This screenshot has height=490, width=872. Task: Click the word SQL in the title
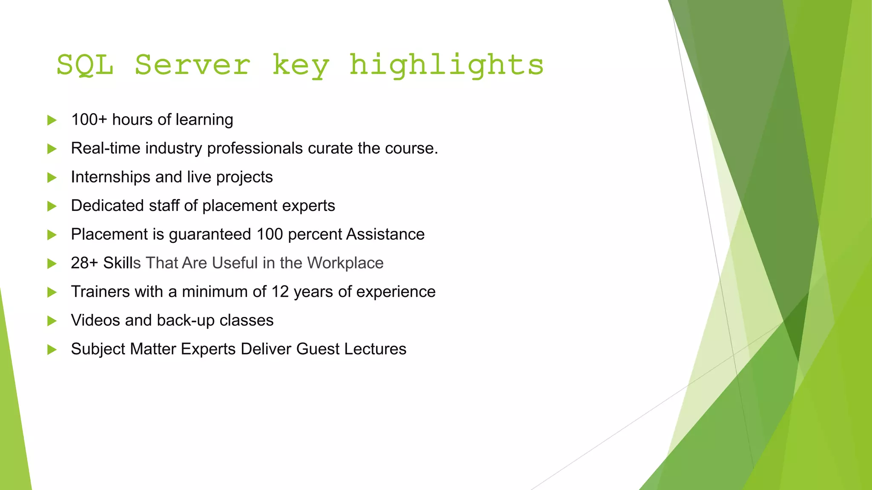85,65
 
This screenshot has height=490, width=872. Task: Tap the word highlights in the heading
446,65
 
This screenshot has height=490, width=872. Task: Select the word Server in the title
192,65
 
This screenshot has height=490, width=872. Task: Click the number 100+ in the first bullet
89,120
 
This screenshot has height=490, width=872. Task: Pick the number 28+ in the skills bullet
84,263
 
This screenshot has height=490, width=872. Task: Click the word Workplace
345,263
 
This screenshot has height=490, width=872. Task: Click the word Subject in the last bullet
98,349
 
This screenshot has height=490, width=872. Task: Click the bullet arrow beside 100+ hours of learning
52,120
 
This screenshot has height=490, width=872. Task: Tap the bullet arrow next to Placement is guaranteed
52,235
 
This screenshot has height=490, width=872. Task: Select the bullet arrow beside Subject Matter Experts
52,350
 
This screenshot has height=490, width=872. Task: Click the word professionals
255,148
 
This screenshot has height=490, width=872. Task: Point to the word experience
396,292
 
